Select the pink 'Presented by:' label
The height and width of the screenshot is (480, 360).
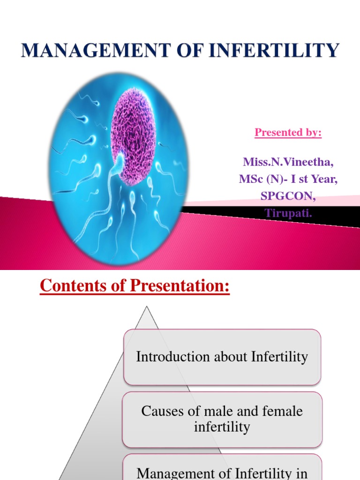288,132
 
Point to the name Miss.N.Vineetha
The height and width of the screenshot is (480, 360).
288,162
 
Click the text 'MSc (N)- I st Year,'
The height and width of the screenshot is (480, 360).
288,179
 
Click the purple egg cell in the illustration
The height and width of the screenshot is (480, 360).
133,136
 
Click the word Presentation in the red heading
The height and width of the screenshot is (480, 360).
180,285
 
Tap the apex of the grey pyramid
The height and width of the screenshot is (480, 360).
147,307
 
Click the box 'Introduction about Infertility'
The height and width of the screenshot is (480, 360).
222,357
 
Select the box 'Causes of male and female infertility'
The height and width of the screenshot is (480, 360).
222,419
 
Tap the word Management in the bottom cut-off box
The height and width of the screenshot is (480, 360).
182,473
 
